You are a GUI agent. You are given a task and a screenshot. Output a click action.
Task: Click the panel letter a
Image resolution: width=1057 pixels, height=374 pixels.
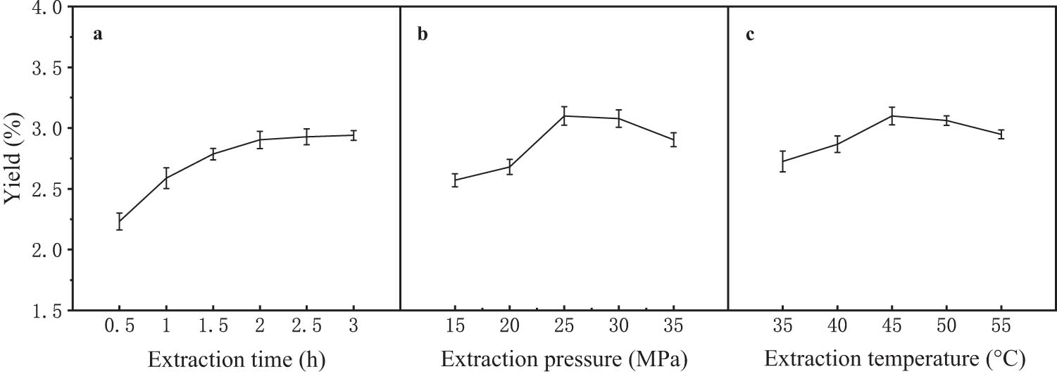point(99,35)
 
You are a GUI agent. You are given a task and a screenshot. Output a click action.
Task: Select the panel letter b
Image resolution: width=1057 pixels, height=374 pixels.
point(423,35)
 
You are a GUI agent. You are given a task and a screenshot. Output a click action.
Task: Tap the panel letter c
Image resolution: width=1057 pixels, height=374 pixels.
point(750,35)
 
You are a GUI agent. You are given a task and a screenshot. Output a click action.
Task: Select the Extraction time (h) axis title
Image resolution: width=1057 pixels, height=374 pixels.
point(236,359)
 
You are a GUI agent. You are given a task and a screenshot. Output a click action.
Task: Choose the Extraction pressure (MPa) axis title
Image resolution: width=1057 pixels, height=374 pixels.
point(563,359)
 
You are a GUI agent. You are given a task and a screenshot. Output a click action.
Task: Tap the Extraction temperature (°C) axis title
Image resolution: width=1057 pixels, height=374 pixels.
point(894,359)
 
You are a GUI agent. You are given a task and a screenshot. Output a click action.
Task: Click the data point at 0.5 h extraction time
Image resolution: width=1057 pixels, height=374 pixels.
point(120,222)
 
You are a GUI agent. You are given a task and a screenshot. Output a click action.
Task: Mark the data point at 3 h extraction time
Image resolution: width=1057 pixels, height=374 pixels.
point(354,135)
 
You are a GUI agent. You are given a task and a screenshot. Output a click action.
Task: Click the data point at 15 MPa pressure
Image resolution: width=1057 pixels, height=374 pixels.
point(455,180)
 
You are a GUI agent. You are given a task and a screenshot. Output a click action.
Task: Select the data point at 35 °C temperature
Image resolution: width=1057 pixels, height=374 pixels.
point(782,161)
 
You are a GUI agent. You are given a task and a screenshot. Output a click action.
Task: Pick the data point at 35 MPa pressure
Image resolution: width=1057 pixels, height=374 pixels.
point(673,139)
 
